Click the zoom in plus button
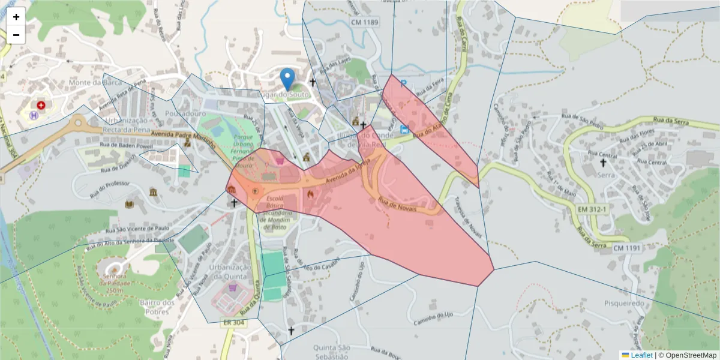pos(16,17)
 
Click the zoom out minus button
pos(16,35)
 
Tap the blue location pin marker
pos(288,79)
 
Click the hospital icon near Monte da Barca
pos(41,105)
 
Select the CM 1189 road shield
pos(365,22)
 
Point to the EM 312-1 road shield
pos(577,209)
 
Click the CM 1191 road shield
pos(626,248)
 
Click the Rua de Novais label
pos(397,206)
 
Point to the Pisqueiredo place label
pos(625,304)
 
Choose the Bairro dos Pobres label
pos(157,307)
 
